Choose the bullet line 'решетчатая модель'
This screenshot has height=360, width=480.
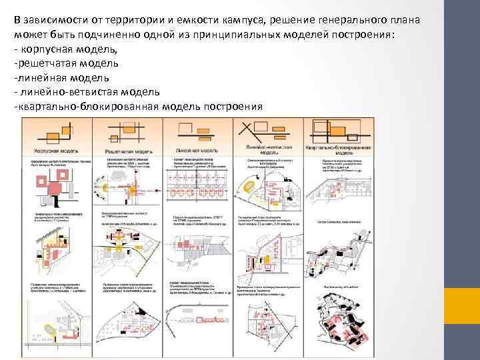pos(66,64)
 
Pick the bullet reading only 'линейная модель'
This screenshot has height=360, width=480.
pos(60,78)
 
